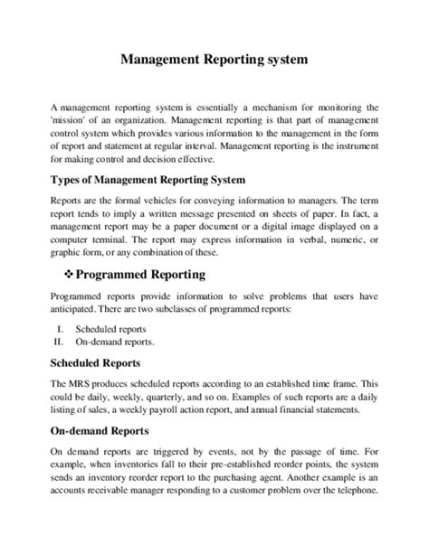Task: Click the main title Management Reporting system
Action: [x=214, y=61]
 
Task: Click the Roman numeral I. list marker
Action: [x=62, y=330]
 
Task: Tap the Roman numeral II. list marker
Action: [x=60, y=344]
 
